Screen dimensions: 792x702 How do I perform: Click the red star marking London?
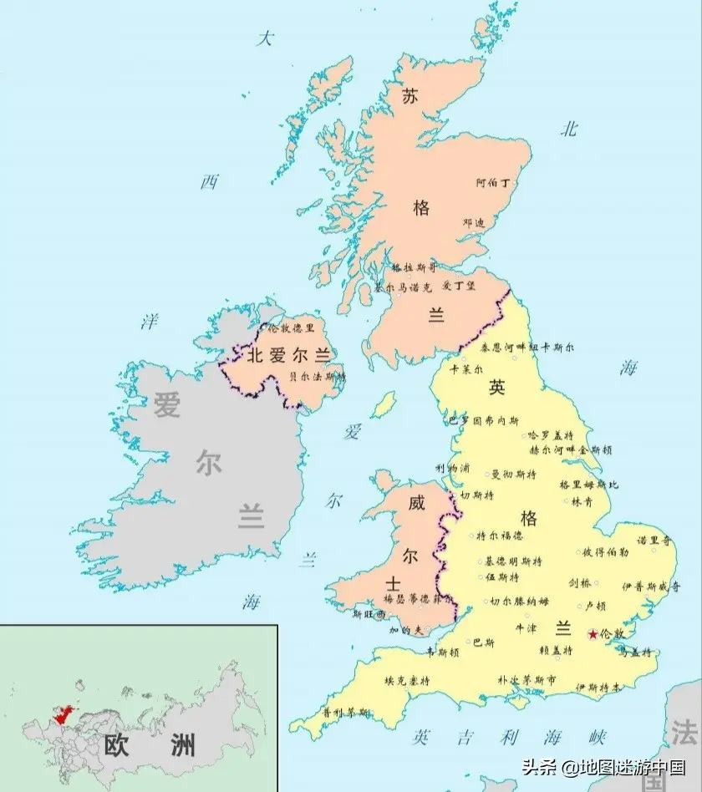593,635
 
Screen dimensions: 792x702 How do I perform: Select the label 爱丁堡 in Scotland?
459,286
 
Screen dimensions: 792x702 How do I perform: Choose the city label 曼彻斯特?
512,474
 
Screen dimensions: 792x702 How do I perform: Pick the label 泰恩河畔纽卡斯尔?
515,347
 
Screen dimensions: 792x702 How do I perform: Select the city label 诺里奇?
654,541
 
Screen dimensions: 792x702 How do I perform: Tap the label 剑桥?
580,582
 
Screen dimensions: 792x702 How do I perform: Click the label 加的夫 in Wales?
406,630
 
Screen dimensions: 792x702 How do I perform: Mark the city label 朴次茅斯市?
526,680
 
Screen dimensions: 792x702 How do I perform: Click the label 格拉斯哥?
415,268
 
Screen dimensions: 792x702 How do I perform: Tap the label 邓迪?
474,223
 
